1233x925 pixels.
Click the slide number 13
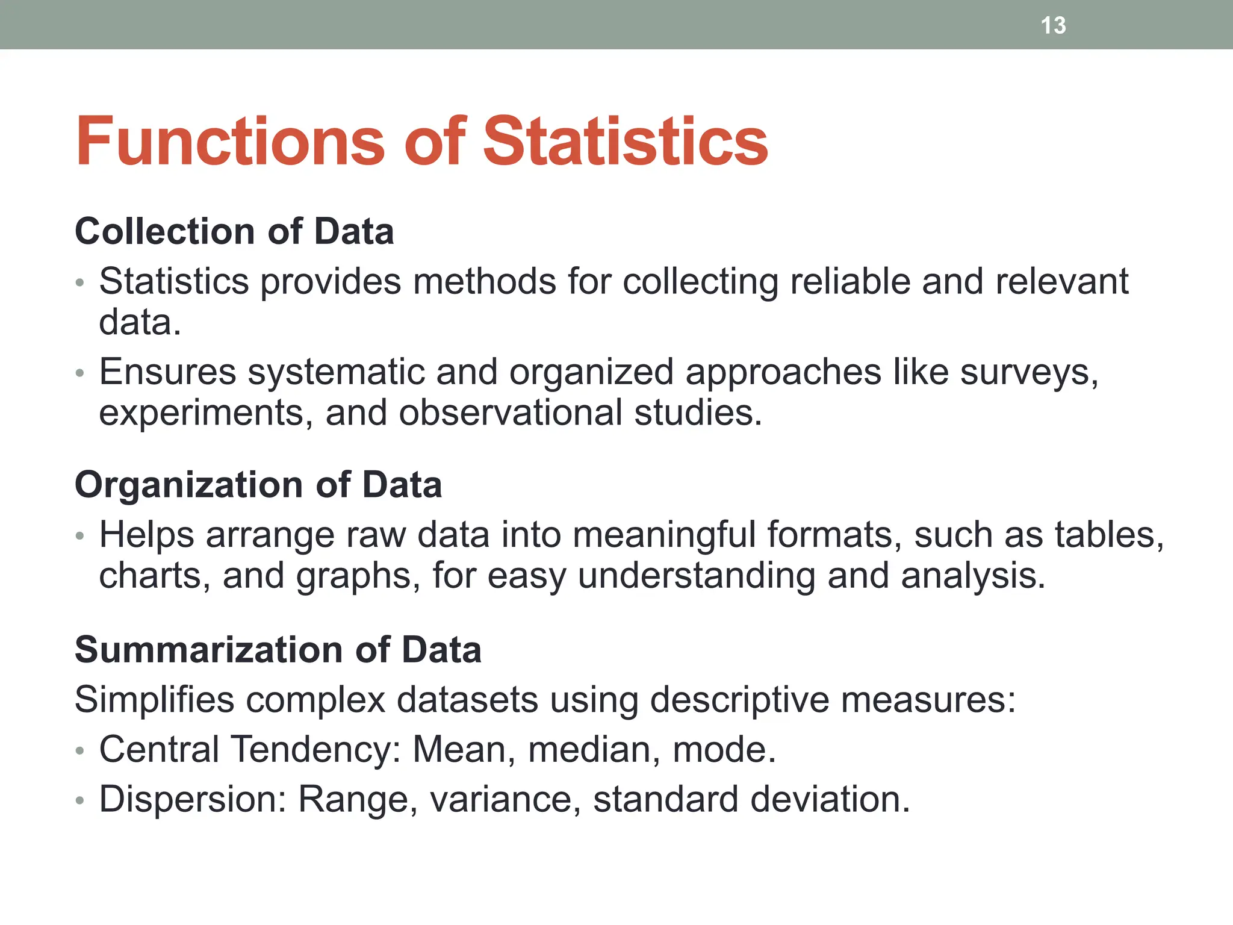(x=1053, y=25)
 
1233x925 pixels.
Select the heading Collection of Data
(x=234, y=231)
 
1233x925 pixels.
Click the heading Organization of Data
(x=258, y=485)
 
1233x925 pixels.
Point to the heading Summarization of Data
(x=278, y=650)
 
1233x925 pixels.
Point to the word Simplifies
(x=154, y=700)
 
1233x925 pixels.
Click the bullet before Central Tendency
(x=80, y=751)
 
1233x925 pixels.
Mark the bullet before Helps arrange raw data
(x=80, y=535)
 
